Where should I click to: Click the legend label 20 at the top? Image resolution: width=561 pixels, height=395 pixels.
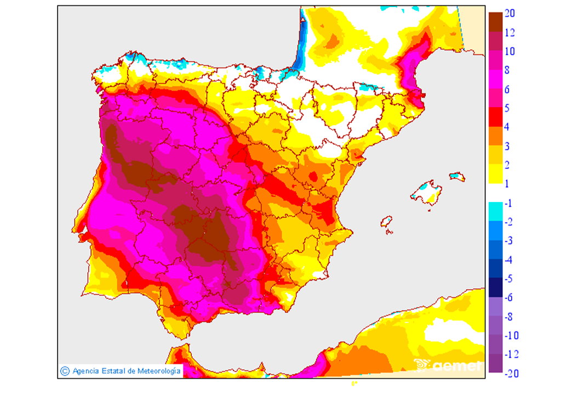(x=509, y=14)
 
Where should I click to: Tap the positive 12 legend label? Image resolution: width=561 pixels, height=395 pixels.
(x=509, y=33)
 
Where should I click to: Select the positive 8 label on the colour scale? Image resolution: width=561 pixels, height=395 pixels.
(x=507, y=70)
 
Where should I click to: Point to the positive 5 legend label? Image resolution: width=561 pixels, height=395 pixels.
(x=507, y=108)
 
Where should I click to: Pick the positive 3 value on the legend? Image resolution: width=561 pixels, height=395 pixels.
(x=507, y=146)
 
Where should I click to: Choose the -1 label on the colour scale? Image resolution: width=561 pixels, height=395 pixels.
(x=508, y=204)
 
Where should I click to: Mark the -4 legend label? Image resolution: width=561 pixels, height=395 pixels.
(x=508, y=260)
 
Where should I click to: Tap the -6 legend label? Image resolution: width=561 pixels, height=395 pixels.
(x=508, y=298)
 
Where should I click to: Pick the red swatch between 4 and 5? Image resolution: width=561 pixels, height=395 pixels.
(x=495, y=117)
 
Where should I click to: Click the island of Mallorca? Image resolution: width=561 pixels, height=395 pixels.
(x=428, y=194)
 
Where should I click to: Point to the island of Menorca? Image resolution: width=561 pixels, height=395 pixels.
(x=457, y=177)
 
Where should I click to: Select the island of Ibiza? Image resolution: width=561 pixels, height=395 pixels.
(x=386, y=222)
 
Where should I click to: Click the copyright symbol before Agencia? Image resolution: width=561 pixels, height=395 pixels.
(x=65, y=371)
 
